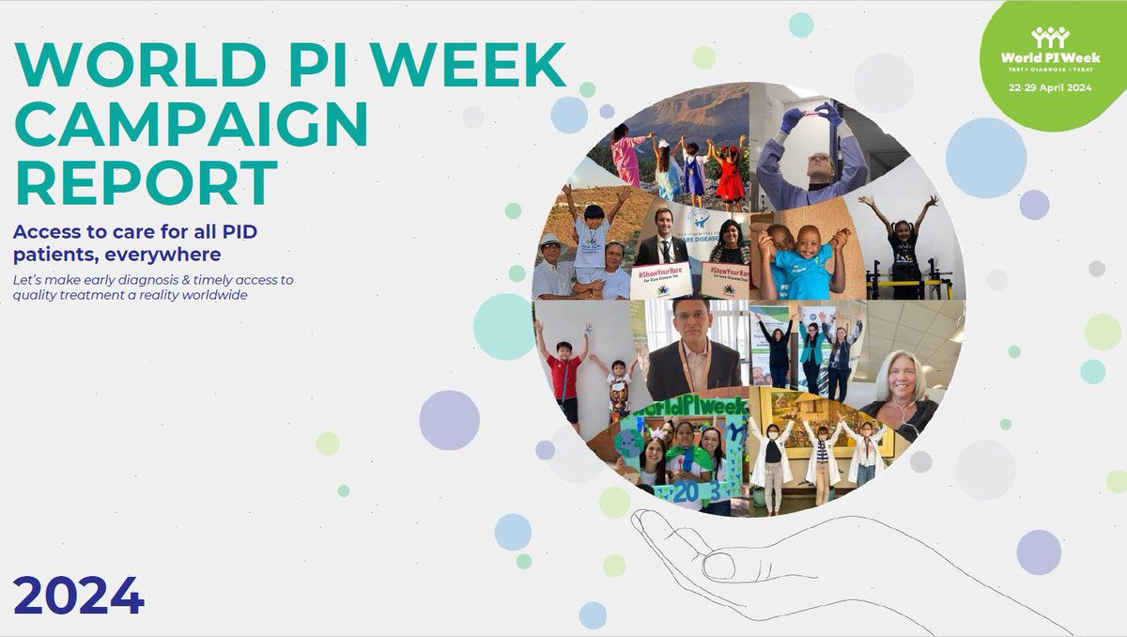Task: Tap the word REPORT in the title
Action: tap(147, 182)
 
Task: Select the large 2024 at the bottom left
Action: tap(78, 594)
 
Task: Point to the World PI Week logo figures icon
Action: tap(1049, 37)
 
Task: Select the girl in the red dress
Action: tap(729, 173)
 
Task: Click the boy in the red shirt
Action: tap(564, 370)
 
